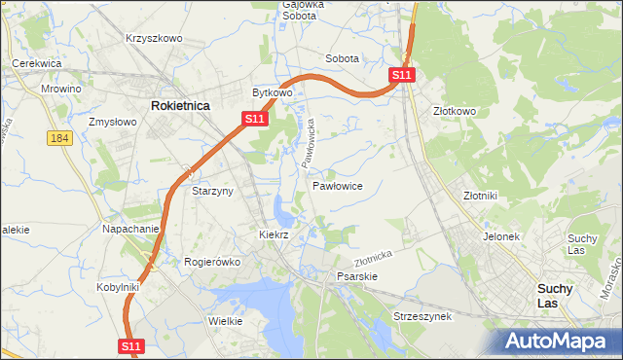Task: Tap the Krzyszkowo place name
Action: tap(154, 38)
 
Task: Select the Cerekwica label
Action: tap(37, 63)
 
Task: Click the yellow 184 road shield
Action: tap(59, 138)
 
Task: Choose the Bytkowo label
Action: tap(273, 92)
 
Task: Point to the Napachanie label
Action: tap(130, 229)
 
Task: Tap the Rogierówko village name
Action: tap(211, 261)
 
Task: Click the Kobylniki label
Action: tap(119, 287)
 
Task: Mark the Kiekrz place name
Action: tap(275, 234)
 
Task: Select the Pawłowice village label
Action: tap(338, 185)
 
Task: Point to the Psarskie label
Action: tap(356, 276)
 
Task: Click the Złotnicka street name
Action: tap(373, 258)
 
